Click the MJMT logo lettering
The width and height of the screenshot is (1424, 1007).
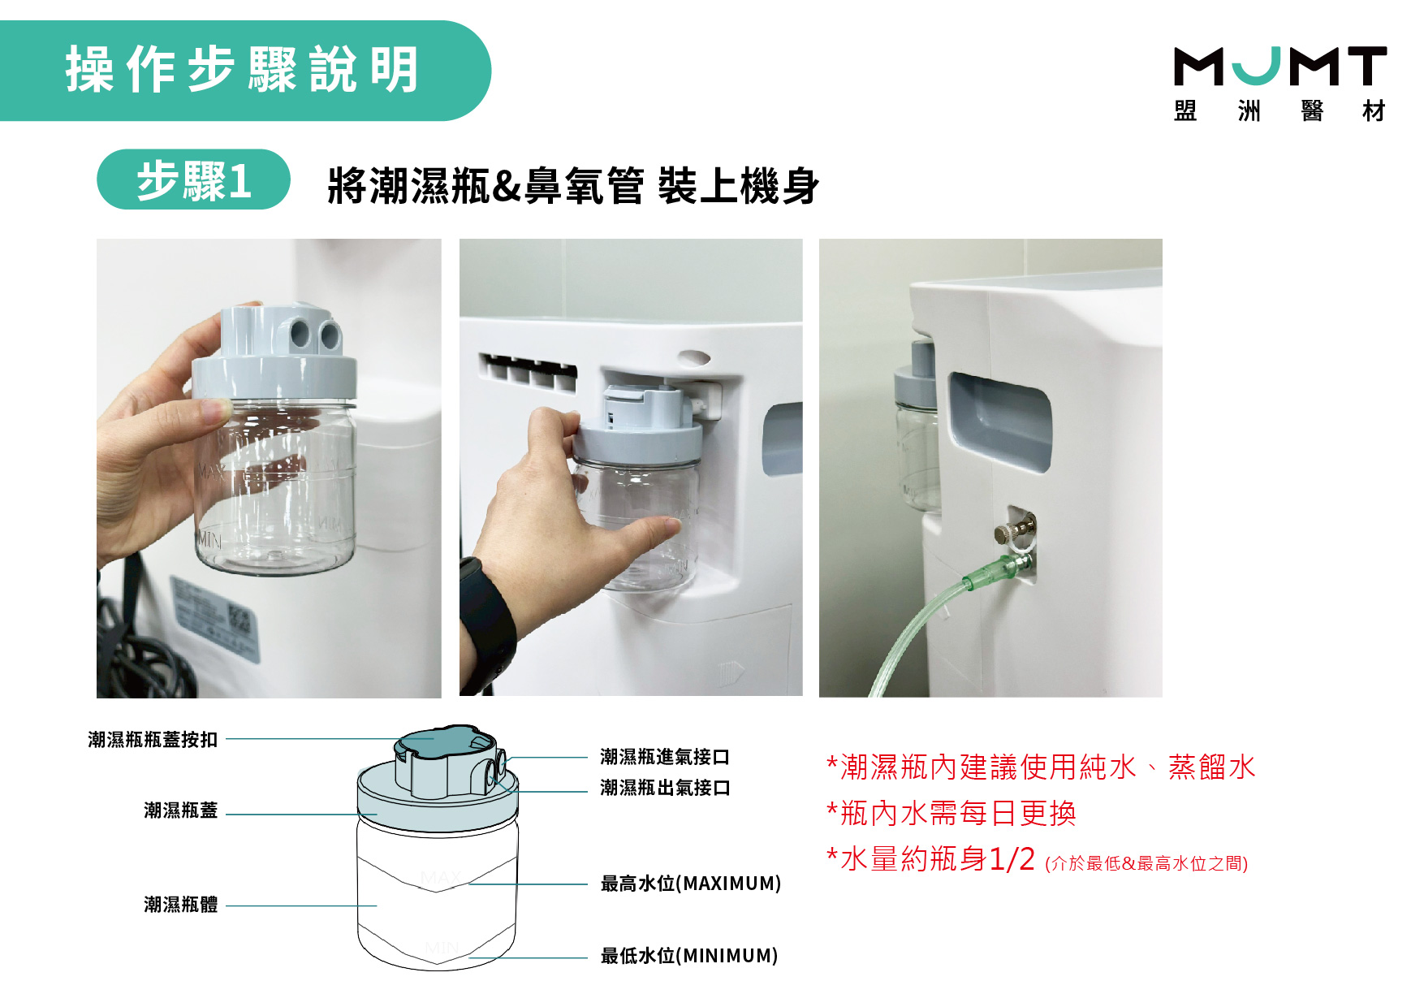(1280, 66)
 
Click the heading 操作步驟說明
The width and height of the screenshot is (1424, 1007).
(242, 70)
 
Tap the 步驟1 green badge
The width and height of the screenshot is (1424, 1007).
(193, 179)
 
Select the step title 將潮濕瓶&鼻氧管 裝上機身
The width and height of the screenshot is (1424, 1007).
(573, 185)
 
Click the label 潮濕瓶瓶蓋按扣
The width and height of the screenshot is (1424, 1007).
(153, 739)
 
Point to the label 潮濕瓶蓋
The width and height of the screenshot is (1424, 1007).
(181, 810)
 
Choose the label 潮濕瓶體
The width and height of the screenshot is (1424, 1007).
(181, 905)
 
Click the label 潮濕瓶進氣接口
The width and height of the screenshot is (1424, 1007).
(665, 757)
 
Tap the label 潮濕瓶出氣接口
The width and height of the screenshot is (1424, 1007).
(665, 788)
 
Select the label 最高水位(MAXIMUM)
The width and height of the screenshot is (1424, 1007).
(691, 884)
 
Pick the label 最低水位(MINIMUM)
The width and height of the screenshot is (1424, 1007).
(689, 956)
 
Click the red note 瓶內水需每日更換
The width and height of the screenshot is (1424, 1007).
(951, 813)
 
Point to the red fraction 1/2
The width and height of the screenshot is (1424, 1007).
(1012, 858)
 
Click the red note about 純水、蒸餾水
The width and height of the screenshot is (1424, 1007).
(1041, 767)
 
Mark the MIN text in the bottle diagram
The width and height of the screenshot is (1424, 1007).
(442, 948)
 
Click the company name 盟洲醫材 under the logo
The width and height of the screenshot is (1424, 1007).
(1280, 110)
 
